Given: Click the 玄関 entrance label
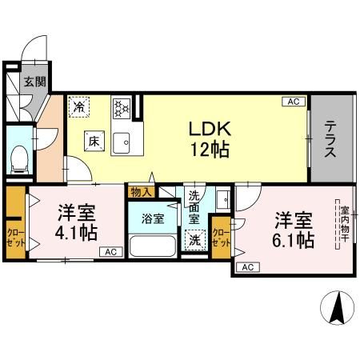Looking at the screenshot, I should (34, 81).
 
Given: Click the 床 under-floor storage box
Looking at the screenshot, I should (94, 142).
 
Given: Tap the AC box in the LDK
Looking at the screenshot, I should (294, 102).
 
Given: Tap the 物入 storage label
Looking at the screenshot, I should (141, 192).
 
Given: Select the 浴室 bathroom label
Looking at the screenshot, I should (153, 217).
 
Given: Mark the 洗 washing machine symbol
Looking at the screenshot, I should (194, 238).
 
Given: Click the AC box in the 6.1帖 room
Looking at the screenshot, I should (247, 266).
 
